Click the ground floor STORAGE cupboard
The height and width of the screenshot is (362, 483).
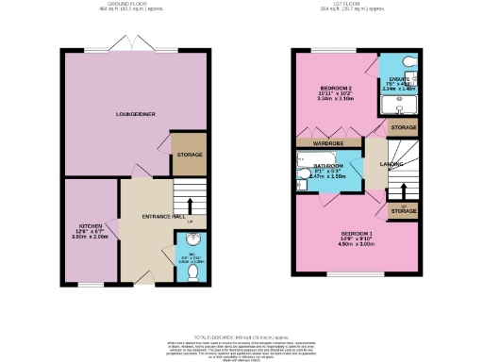pos(190,155)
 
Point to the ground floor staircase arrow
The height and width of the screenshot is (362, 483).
pos(192,205)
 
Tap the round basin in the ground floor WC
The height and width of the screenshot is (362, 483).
pos(191,238)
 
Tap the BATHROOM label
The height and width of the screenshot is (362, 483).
pos(329,165)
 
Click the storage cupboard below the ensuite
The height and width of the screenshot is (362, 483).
pos(403,127)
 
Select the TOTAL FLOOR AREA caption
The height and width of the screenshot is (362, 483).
pos(241,336)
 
